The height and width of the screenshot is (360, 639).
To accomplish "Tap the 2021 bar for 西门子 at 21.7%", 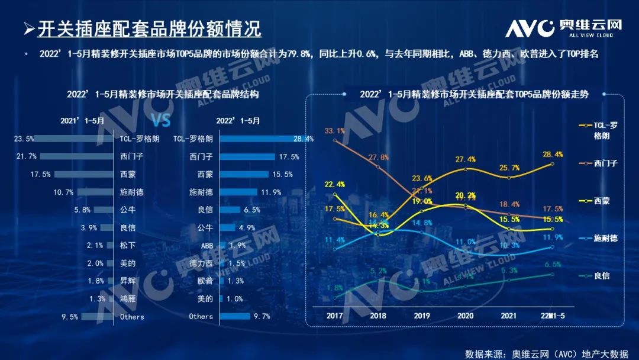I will (x=76, y=156).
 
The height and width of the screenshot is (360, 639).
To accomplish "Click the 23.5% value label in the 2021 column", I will (x=24, y=139).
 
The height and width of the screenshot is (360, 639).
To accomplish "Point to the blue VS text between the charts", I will (x=160, y=120).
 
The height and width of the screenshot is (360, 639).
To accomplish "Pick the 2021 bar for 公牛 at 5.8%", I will (x=102, y=210).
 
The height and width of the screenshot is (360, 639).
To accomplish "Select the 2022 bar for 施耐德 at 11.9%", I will (x=238, y=192).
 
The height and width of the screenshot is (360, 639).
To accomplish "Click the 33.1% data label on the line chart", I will (x=335, y=131).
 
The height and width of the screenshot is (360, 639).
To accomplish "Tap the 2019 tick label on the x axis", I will (x=421, y=315).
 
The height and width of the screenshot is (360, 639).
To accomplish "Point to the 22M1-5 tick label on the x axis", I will (x=553, y=315).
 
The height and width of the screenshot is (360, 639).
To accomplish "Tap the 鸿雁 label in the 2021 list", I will (x=128, y=298).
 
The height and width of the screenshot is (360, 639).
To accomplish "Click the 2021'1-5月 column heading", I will (x=82, y=120).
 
